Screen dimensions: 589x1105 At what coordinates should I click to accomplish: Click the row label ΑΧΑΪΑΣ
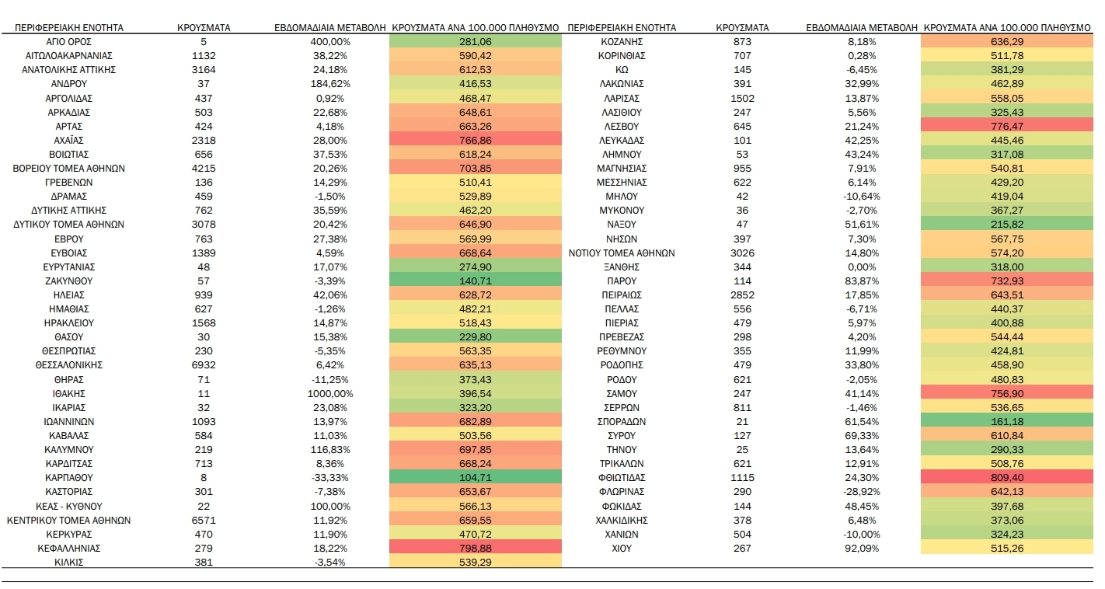(x=69, y=140)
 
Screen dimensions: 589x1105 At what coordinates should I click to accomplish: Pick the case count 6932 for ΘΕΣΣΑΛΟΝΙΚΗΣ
(x=203, y=365)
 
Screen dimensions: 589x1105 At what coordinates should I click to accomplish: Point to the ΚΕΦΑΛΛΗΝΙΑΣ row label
(x=69, y=549)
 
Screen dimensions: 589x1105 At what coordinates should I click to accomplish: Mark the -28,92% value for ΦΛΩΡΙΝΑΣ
(x=862, y=492)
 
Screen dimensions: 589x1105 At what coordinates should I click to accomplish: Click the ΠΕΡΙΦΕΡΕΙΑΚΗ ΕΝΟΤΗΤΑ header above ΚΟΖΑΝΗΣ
(x=622, y=28)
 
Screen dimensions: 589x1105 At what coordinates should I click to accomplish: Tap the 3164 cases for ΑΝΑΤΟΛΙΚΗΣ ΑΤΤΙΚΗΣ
(x=203, y=70)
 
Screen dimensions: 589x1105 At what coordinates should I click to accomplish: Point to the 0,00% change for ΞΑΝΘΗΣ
(x=862, y=267)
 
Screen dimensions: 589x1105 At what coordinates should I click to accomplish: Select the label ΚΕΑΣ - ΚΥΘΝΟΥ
(x=69, y=506)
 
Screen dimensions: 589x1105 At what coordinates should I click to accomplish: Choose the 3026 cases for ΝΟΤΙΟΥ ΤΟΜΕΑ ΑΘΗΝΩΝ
(x=742, y=253)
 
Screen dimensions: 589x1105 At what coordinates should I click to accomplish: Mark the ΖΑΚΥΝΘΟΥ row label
(x=69, y=281)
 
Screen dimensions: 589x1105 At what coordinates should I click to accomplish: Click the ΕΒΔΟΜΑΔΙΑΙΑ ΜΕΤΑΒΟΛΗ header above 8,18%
(x=862, y=28)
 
